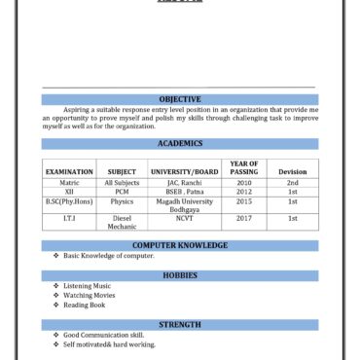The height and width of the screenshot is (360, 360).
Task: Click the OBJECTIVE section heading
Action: [x=180, y=99]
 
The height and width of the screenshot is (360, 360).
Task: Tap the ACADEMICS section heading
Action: [x=180, y=143]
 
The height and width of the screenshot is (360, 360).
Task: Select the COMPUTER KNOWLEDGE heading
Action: [x=180, y=245]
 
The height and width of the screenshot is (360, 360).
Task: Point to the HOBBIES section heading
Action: [x=180, y=275]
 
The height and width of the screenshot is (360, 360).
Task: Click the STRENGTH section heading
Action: [x=180, y=324]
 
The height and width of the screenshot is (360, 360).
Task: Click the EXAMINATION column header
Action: [x=69, y=172]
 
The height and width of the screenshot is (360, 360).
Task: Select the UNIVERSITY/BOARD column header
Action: [x=185, y=172]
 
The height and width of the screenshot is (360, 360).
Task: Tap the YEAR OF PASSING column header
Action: [x=244, y=167]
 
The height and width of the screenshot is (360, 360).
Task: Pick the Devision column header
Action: [x=292, y=172]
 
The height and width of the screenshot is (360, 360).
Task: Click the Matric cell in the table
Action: [x=69, y=183]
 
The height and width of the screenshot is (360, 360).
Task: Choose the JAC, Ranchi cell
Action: [x=185, y=183]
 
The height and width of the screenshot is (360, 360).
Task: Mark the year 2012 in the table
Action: [x=244, y=192]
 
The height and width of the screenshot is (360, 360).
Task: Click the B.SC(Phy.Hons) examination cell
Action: [x=69, y=201]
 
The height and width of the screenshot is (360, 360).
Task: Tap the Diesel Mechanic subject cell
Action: [x=122, y=223]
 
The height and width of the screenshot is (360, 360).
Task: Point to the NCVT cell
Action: [x=185, y=219]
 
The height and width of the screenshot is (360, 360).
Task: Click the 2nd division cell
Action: [x=292, y=183]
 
